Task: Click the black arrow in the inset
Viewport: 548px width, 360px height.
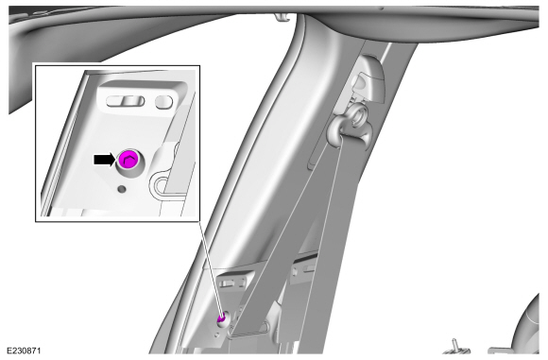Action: point(104,160)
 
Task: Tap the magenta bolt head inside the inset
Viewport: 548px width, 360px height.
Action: point(128,160)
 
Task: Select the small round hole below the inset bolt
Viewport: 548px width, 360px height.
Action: point(122,189)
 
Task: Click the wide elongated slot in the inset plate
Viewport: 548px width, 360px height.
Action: point(125,101)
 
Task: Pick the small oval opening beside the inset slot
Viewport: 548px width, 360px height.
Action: point(163,102)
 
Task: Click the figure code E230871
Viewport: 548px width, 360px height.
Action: point(25,351)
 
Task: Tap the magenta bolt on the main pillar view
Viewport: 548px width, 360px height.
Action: point(221,318)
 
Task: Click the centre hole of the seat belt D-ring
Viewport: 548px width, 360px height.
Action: point(359,118)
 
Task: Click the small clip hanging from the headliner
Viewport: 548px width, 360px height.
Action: point(283,16)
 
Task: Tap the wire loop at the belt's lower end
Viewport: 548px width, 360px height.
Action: point(267,327)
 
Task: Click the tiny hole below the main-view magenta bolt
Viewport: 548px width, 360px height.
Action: point(216,334)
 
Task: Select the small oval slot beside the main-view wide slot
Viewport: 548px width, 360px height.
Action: point(242,280)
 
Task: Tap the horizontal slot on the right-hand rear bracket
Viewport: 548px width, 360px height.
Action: point(310,268)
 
